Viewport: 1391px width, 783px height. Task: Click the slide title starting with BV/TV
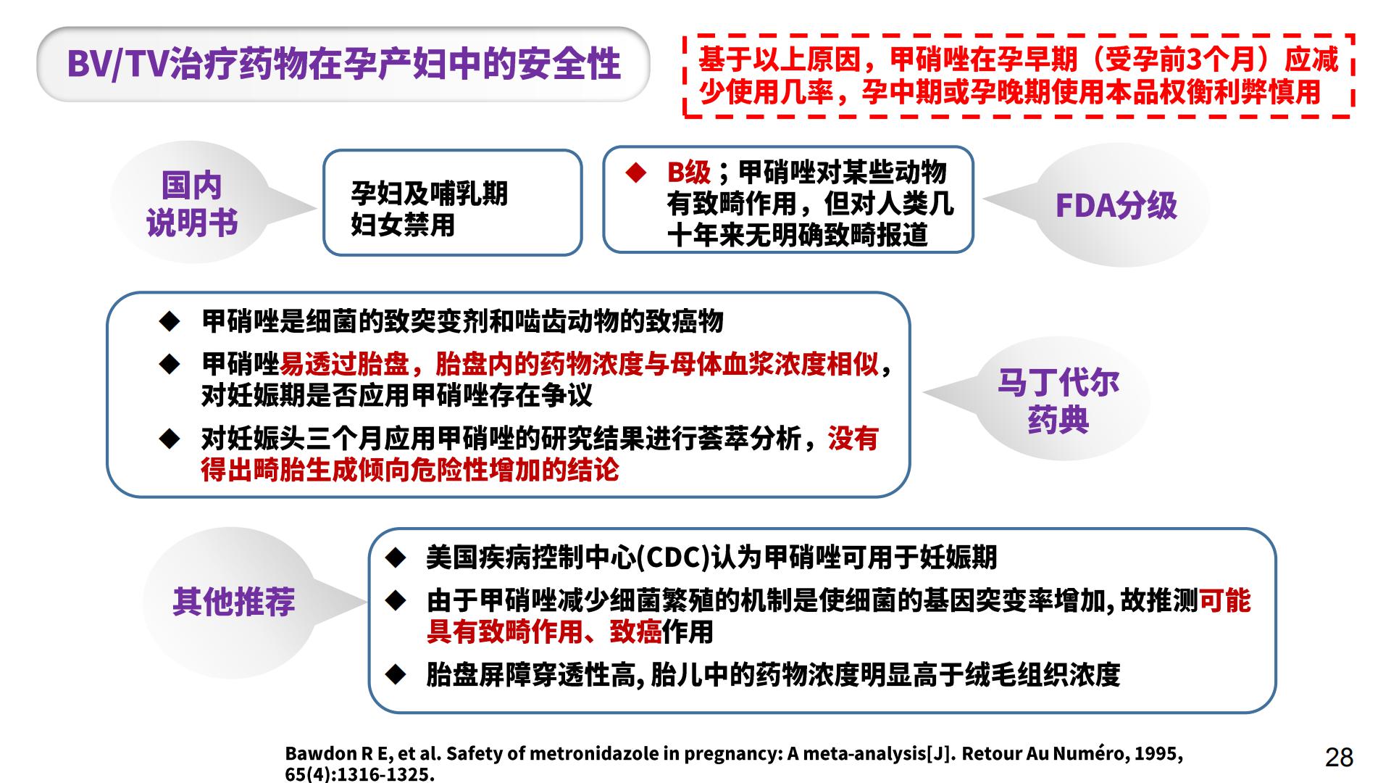(343, 64)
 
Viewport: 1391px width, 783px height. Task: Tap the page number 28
(1339, 757)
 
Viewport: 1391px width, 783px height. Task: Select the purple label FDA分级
(1116, 205)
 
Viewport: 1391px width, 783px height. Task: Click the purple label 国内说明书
(192, 204)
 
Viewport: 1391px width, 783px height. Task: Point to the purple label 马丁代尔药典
(1058, 401)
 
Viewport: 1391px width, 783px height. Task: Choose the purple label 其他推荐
(233, 601)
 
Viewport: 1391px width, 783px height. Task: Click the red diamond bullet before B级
(635, 173)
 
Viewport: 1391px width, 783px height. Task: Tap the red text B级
(688, 173)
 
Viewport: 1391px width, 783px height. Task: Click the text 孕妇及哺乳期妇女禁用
(429, 209)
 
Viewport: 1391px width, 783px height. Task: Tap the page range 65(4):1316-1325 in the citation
(357, 774)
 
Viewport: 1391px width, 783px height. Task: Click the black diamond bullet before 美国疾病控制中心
(396, 557)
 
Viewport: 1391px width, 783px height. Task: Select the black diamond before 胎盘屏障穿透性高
(396, 674)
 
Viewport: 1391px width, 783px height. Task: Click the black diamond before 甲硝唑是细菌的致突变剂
(170, 321)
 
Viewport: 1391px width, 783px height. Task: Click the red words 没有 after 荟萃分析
(853, 439)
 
